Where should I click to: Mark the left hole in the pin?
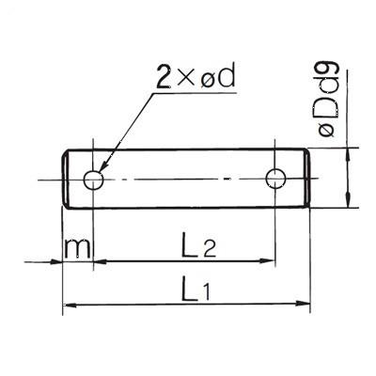coord(92,179)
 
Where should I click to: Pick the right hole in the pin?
coord(274,179)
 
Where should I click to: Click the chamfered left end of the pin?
coord(65,179)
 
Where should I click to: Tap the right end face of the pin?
coord(309,179)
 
